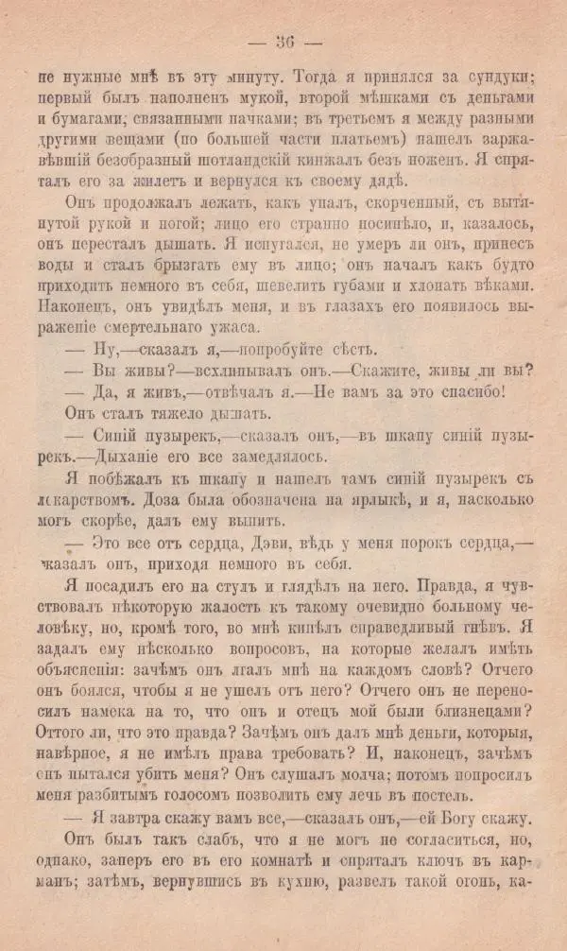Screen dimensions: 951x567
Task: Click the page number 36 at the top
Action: click(284, 42)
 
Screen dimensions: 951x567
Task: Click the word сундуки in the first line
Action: click(498, 76)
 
